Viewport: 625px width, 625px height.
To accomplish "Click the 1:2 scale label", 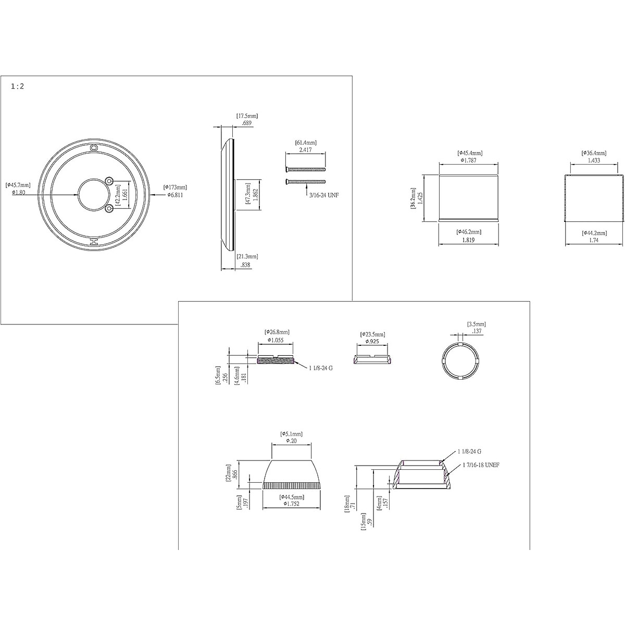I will [x=17, y=87].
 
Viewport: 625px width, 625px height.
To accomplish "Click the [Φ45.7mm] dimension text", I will [x=18, y=185].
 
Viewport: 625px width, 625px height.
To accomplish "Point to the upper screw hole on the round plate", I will [x=109, y=180].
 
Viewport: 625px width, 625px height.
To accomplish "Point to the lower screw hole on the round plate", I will [x=109, y=208].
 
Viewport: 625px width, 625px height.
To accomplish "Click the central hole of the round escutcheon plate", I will [x=93, y=194].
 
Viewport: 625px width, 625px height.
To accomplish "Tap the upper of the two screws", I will [x=305, y=169].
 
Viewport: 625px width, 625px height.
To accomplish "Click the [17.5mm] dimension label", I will [x=247, y=116].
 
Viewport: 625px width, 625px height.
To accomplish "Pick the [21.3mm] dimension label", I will [x=247, y=256].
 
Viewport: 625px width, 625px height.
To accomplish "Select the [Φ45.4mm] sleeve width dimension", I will [x=469, y=153].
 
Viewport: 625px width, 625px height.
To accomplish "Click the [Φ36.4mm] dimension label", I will [x=594, y=153].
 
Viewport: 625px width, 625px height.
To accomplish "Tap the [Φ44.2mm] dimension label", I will [x=594, y=232].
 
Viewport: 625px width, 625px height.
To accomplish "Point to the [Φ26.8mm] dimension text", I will [x=277, y=332].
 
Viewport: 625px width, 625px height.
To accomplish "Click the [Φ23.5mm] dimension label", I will [x=372, y=334].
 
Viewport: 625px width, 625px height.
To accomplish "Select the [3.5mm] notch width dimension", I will [x=476, y=324].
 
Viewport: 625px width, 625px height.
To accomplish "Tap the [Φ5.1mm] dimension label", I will [x=291, y=434].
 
